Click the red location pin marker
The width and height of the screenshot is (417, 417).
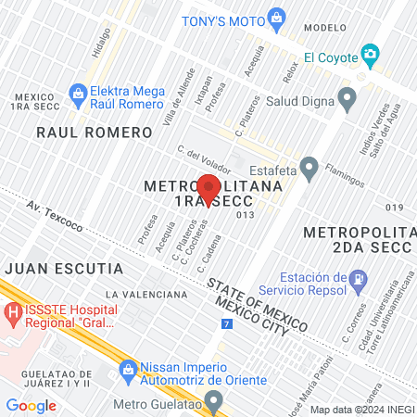tap(208, 188)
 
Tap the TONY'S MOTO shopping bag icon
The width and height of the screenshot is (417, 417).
tap(275, 18)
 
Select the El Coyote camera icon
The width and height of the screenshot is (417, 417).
tap(371, 55)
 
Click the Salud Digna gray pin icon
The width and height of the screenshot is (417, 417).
tap(347, 97)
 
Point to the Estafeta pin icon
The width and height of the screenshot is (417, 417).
tap(310, 169)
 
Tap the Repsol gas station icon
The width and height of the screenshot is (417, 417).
tap(357, 277)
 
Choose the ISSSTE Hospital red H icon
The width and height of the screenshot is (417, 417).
tap(13, 314)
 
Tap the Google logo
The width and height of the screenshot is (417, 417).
tap(31, 405)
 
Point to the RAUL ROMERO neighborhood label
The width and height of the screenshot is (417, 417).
tap(94, 133)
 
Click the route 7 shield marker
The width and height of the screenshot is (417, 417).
tap(227, 323)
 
